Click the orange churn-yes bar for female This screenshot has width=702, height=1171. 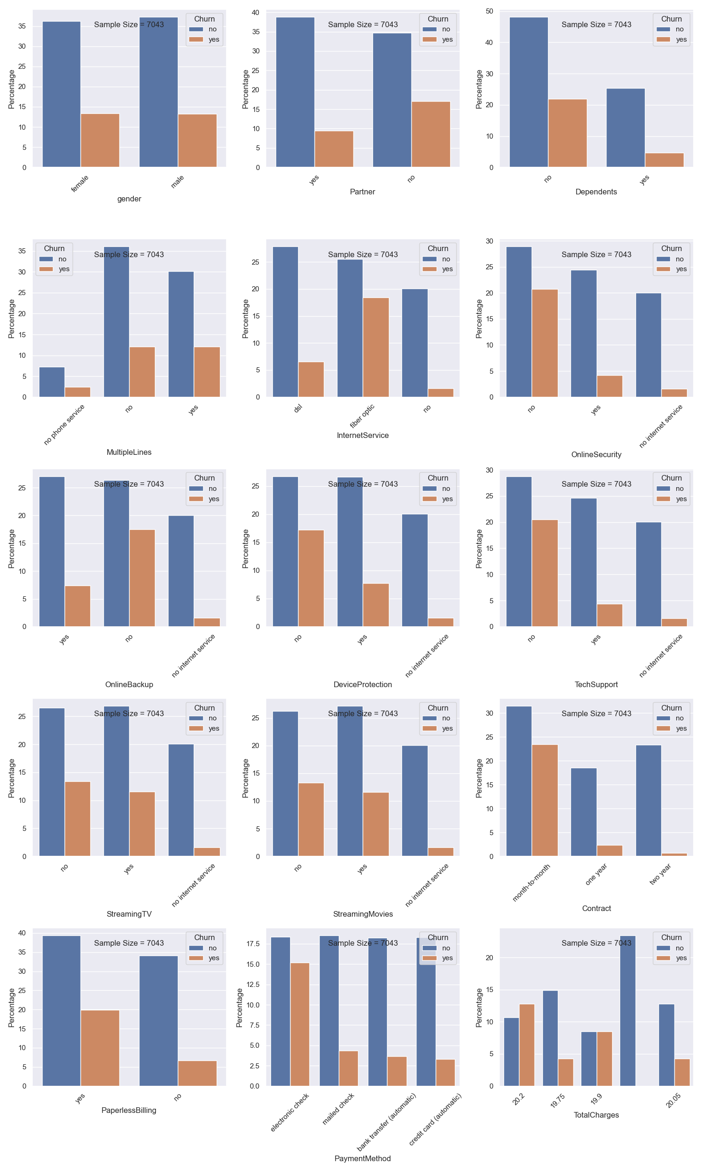pyautogui.click(x=100, y=140)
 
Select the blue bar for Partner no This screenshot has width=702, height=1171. pyautogui.click(x=392, y=100)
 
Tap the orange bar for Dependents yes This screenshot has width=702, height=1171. pyautogui.click(x=664, y=160)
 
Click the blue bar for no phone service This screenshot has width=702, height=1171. pyautogui.click(x=52, y=381)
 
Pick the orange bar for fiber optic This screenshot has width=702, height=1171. pyautogui.click(x=376, y=347)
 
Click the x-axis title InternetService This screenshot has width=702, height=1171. pyautogui.click(x=362, y=436)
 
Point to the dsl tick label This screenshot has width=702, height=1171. pyautogui.click(x=298, y=408)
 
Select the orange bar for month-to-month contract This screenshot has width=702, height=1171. pyautogui.click(x=544, y=800)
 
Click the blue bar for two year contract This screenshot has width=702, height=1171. pyautogui.click(x=648, y=800)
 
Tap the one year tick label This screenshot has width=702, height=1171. pyautogui.click(x=596, y=874)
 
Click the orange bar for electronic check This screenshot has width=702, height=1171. pyautogui.click(x=300, y=1024)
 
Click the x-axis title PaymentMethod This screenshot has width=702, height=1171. pyautogui.click(x=362, y=1158)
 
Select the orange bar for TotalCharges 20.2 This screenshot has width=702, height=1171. pyautogui.click(x=526, y=1045)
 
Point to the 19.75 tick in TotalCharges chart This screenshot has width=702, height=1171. pyautogui.click(x=558, y=1100)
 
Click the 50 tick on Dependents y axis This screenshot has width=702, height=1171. pyautogui.click(x=489, y=11)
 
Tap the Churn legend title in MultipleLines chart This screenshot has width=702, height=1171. pyautogui.click(x=54, y=249)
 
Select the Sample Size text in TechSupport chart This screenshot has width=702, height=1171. pyautogui.click(x=596, y=484)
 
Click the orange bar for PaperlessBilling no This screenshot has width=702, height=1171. pyautogui.click(x=197, y=1073)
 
